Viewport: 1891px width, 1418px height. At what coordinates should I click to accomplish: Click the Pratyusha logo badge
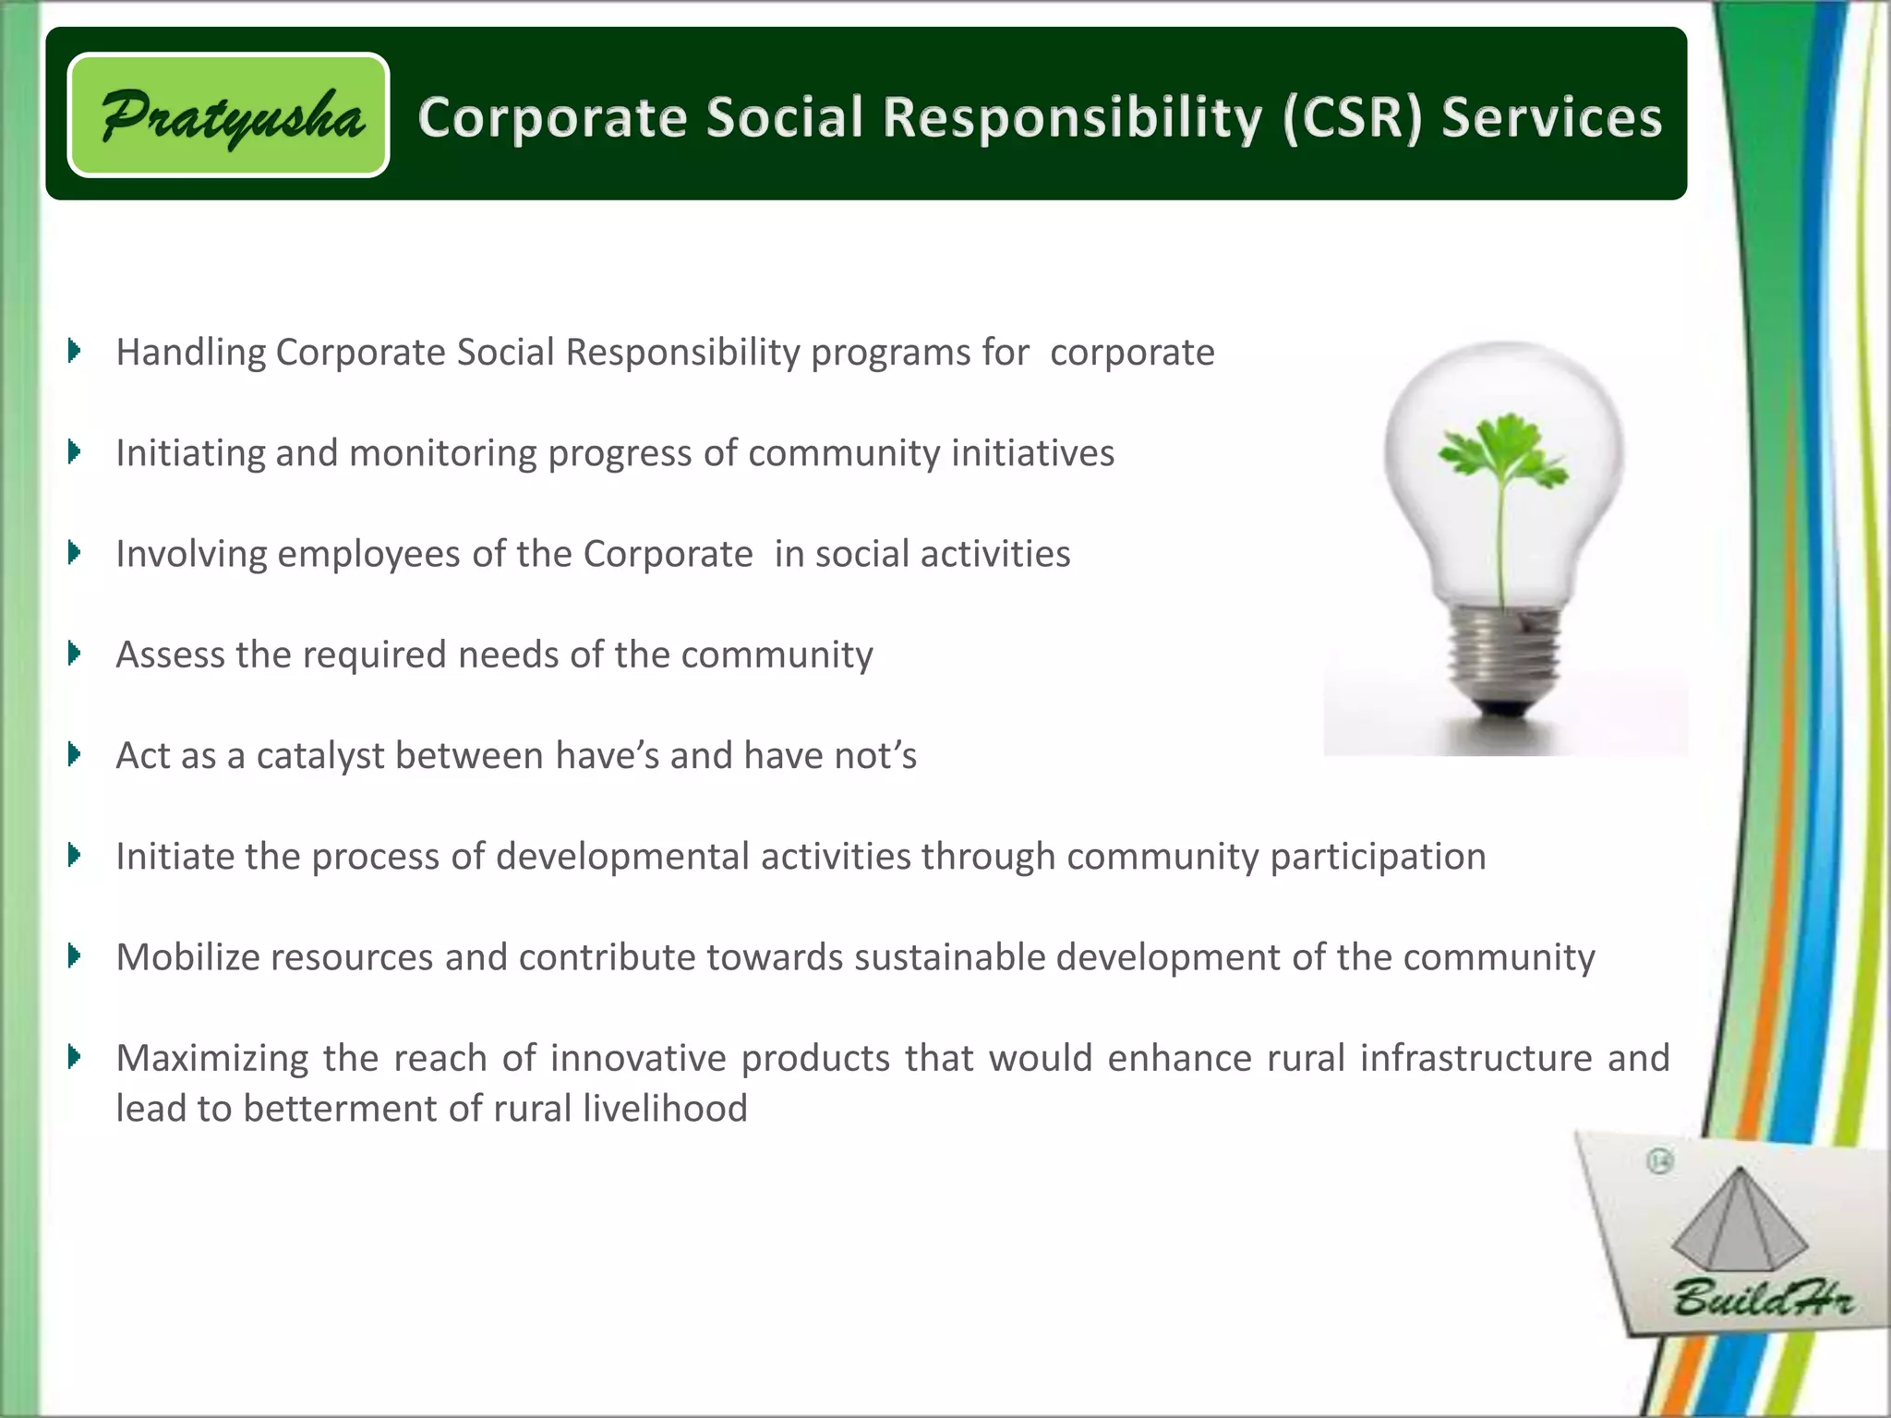click(x=228, y=115)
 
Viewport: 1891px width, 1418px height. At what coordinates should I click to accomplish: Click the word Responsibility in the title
click(x=1072, y=118)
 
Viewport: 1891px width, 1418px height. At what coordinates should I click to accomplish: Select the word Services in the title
click(x=1551, y=118)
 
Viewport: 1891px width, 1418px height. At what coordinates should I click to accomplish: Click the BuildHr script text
click(x=1762, y=1297)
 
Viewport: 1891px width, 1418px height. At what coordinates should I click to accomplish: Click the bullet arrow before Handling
click(x=75, y=351)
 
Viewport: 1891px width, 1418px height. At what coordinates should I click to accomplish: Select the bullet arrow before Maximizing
click(x=75, y=1056)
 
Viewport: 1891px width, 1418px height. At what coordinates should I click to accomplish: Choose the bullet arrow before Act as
click(x=75, y=754)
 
